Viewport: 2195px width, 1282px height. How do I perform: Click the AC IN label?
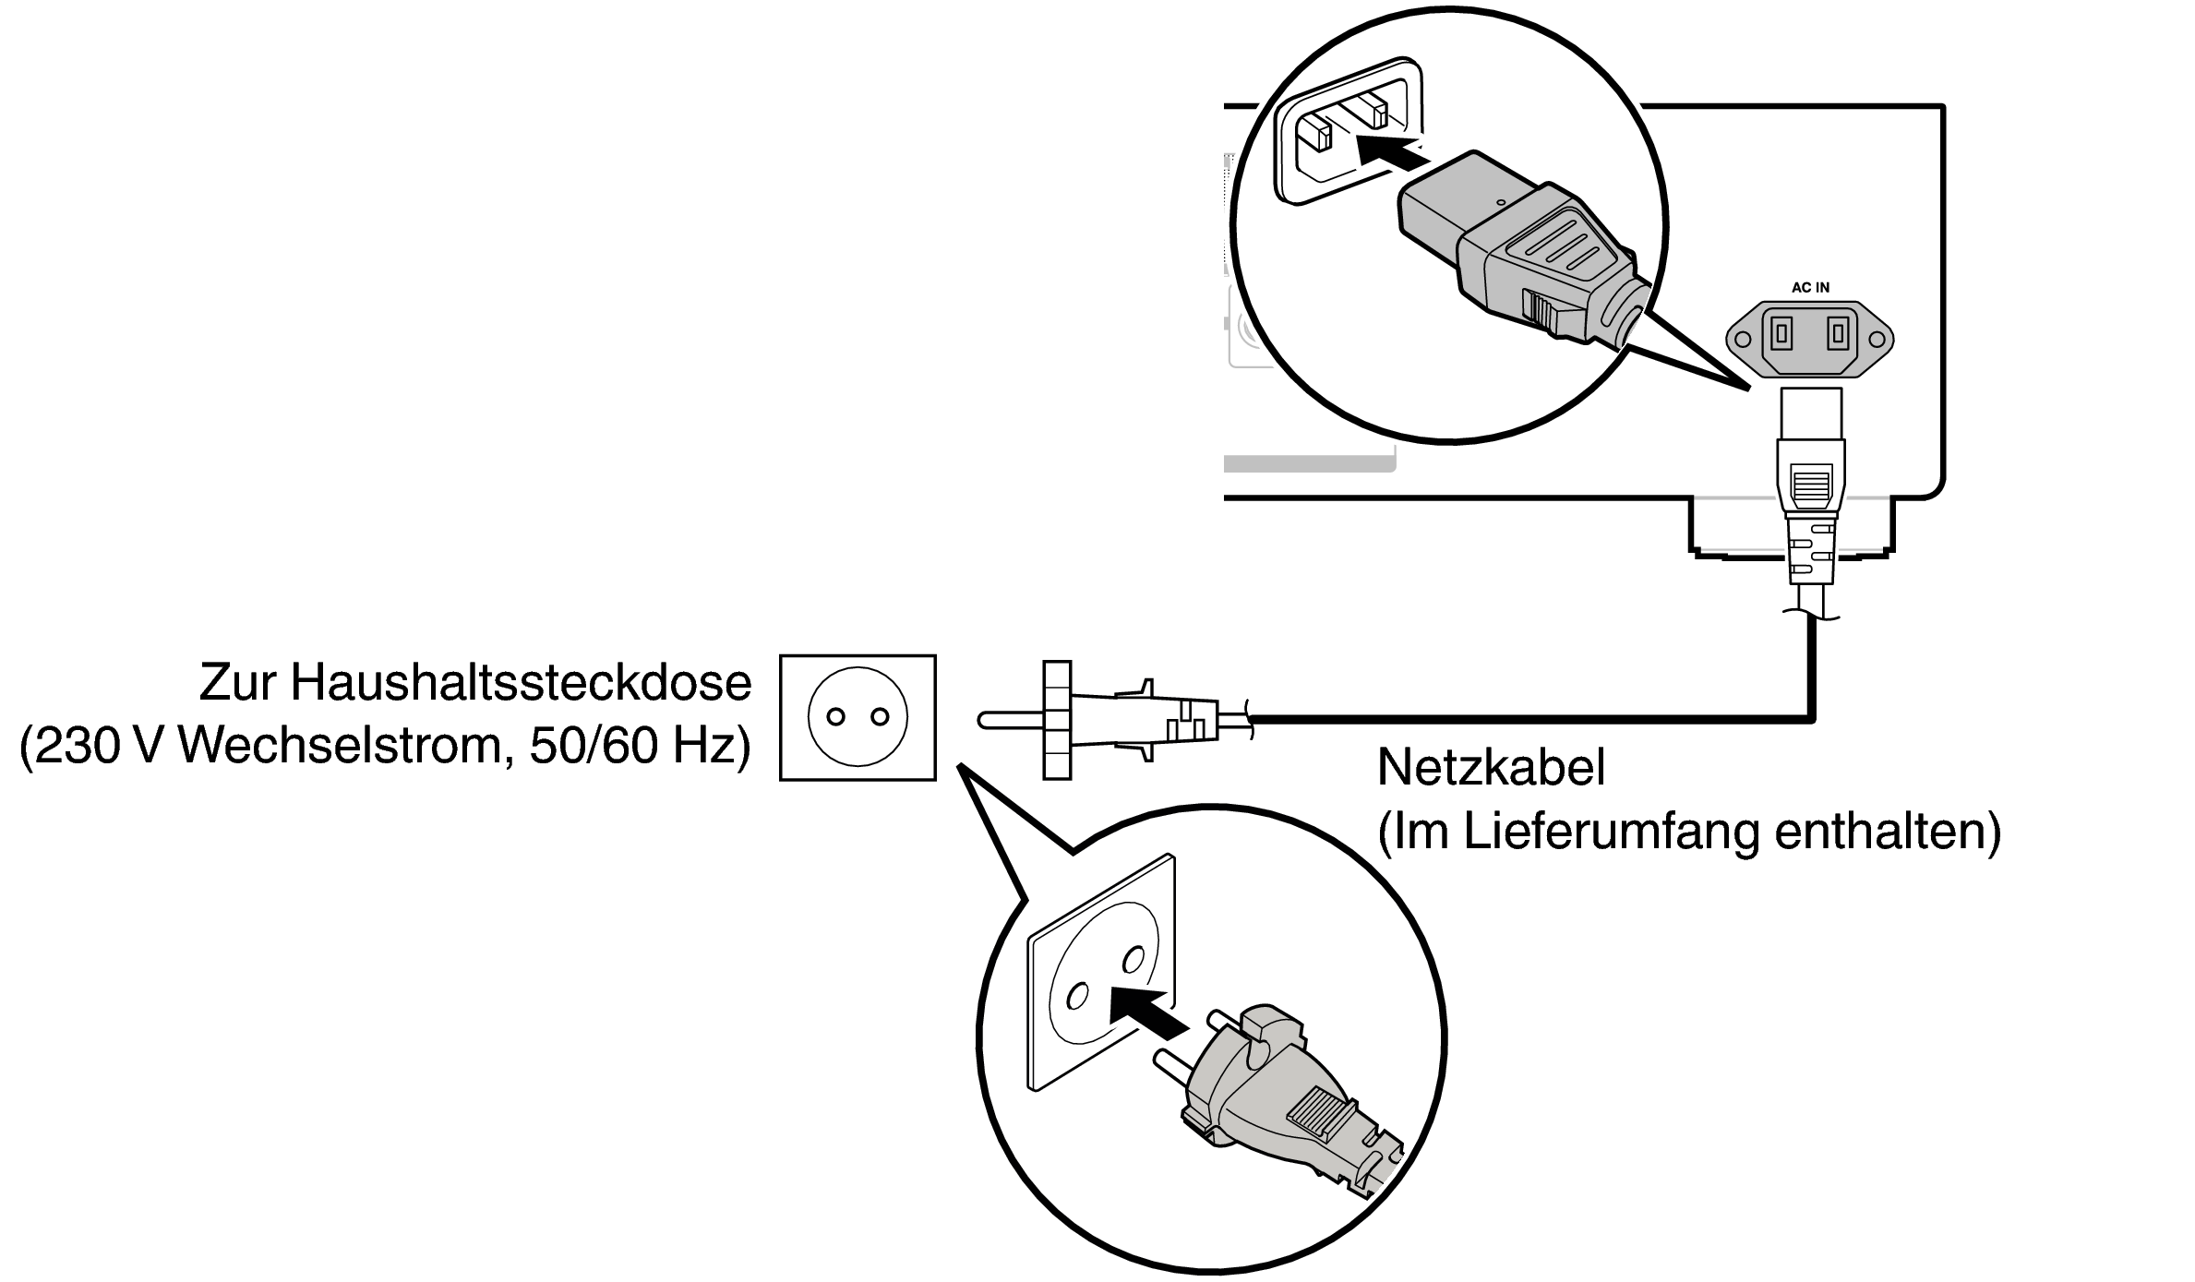click(x=1810, y=287)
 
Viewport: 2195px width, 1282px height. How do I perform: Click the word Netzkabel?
click(x=1492, y=768)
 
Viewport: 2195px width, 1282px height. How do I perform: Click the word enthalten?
click(x=1887, y=833)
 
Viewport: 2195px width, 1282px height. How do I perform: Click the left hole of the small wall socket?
click(x=836, y=717)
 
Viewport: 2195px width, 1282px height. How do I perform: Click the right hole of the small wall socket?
click(x=880, y=717)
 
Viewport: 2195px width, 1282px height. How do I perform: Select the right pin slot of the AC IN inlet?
click(x=1839, y=333)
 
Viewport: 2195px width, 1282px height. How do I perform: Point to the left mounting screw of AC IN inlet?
click(x=1742, y=340)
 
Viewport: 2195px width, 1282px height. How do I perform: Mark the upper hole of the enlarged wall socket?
click(x=1131, y=962)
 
